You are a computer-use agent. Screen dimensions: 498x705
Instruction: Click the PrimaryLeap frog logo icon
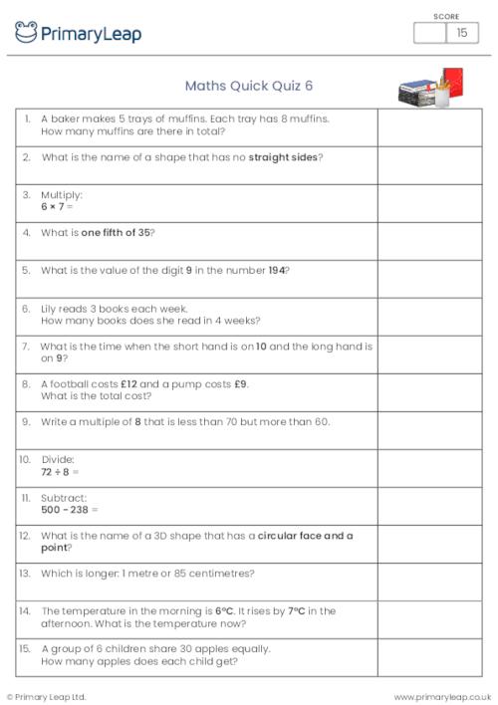click(26, 33)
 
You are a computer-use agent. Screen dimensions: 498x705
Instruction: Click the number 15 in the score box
click(461, 33)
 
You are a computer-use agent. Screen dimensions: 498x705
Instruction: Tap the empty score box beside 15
click(429, 33)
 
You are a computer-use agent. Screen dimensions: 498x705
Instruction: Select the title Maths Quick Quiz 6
click(241, 86)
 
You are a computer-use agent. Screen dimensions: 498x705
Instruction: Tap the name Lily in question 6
click(50, 309)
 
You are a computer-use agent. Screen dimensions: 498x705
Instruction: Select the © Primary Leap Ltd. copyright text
click(47, 696)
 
